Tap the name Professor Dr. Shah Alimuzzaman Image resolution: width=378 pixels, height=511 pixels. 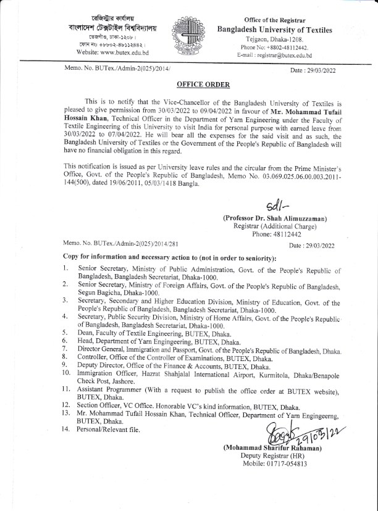(275, 218)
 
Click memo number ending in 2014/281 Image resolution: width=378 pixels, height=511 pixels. (121, 245)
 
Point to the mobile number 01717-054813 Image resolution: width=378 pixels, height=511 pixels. (282, 464)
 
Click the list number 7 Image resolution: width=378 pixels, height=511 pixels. (65, 349)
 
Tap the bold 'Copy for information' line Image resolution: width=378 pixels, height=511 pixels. (170, 257)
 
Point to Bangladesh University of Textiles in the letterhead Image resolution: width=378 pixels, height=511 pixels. (274, 30)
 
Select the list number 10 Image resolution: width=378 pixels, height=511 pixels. (67, 373)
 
